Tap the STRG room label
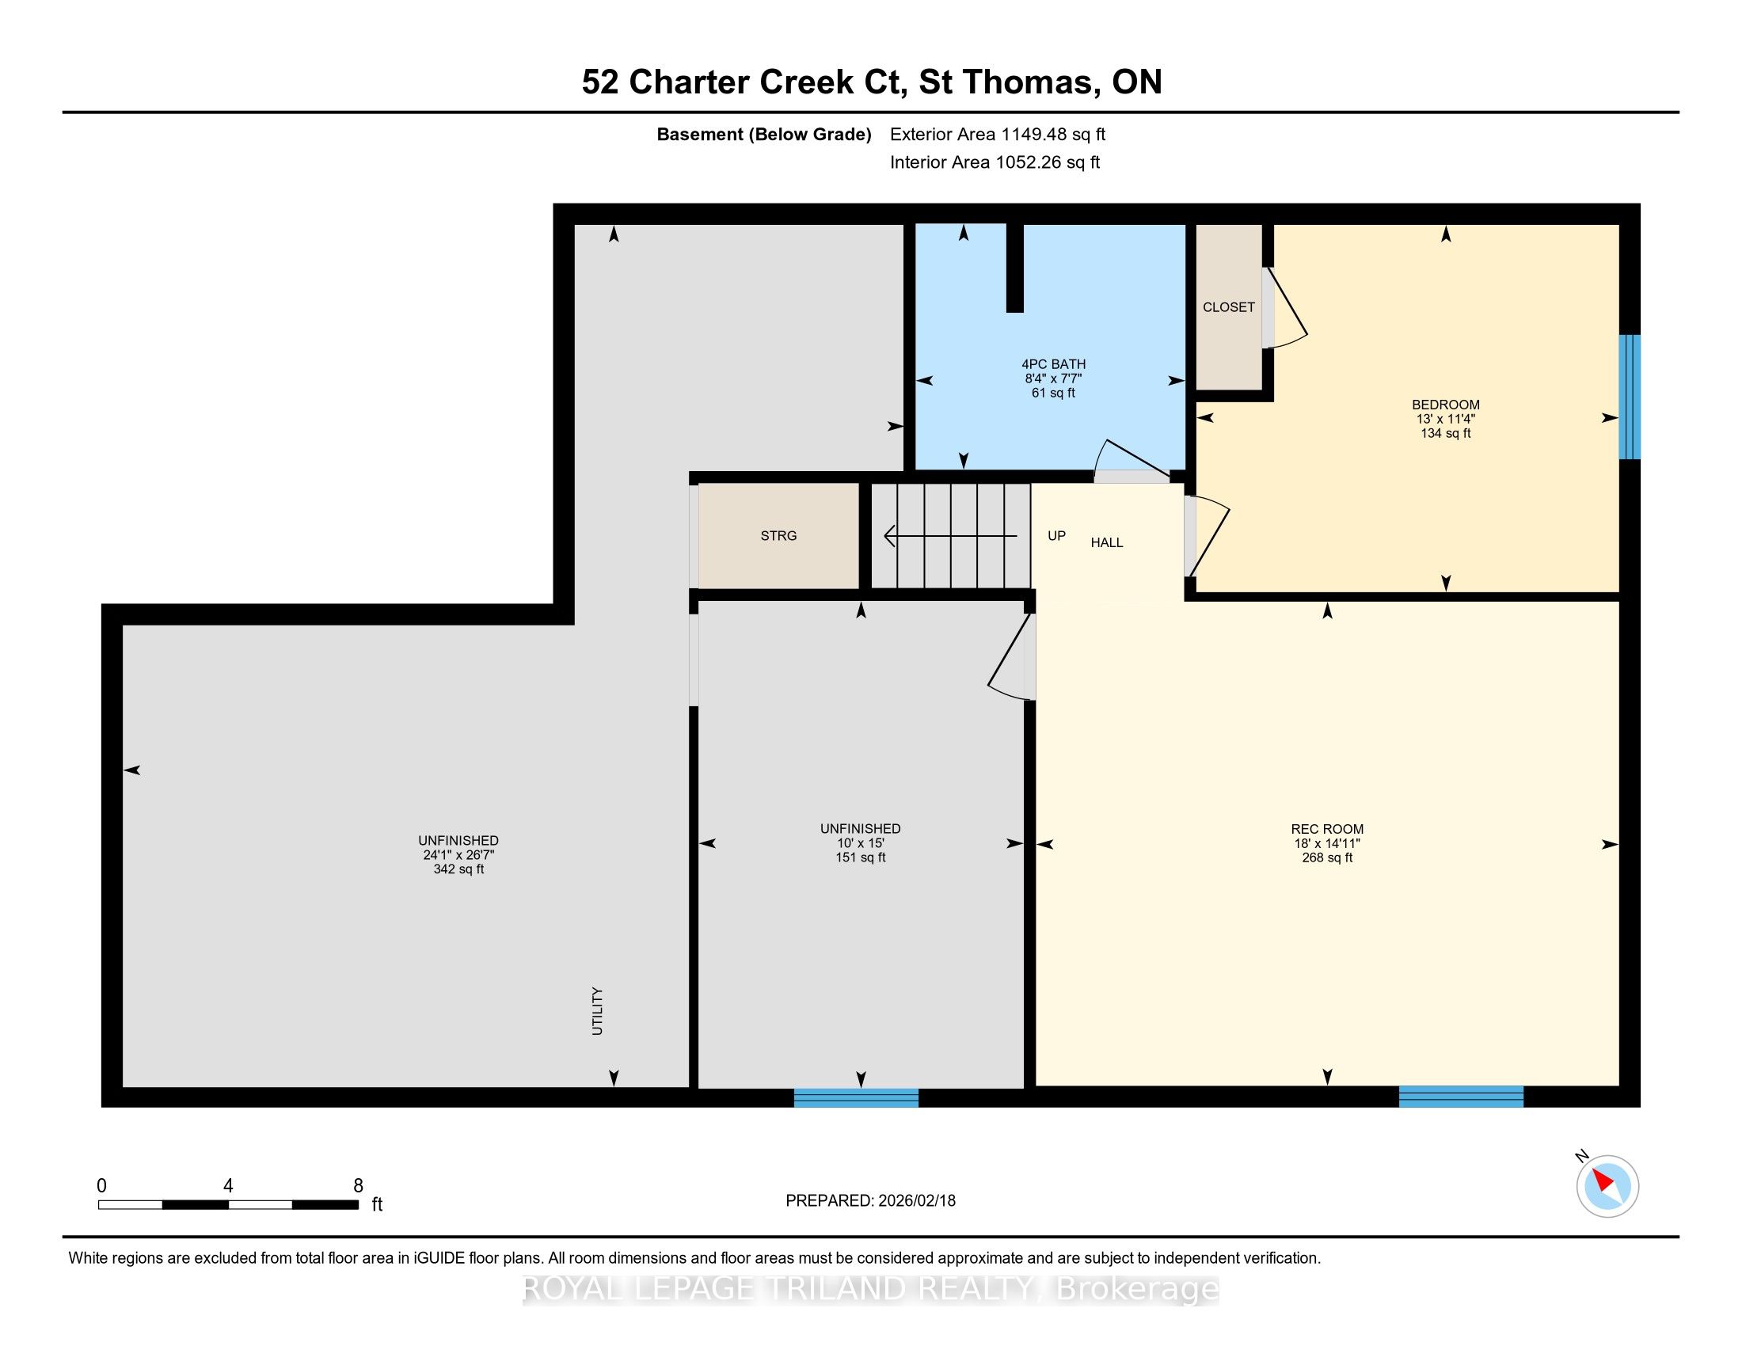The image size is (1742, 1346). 778,536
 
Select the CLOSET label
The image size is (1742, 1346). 1228,307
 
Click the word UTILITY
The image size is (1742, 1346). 596,1011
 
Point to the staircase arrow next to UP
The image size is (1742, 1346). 951,536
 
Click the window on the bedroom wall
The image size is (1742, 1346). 1629,397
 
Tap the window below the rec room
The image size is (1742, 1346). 1460,1097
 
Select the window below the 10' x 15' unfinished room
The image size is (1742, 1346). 856,1098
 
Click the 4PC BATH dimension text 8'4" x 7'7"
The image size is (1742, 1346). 1053,378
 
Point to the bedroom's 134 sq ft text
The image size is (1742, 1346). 1445,433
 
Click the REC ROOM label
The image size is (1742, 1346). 1327,829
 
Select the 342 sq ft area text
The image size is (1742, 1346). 458,869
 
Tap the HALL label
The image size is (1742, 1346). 1107,543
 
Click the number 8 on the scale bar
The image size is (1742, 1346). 358,1186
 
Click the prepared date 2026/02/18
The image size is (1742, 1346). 916,1201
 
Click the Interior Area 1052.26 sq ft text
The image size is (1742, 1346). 995,162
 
